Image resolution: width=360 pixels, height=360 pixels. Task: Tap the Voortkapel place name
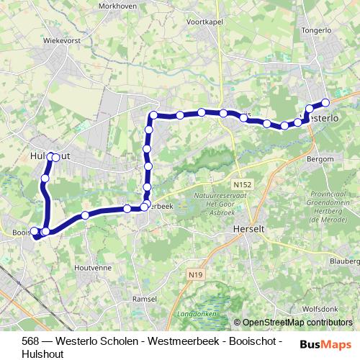coord(206,22)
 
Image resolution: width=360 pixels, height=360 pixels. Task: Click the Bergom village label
coord(320,158)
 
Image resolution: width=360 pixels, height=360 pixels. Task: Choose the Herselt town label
coord(251,229)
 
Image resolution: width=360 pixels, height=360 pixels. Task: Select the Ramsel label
coord(145,298)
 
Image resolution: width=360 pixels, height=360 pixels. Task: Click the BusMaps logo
coord(325,344)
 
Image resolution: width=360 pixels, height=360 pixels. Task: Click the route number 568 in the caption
coord(30,341)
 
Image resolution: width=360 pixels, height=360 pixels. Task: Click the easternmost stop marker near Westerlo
coord(325,102)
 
